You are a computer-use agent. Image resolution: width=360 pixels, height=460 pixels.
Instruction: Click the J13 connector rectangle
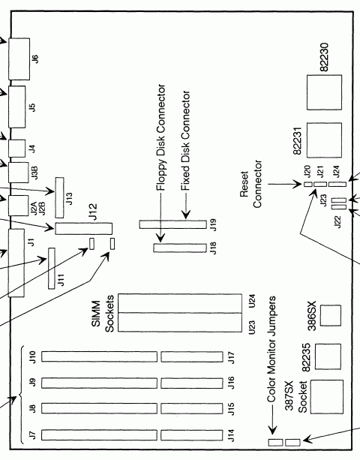59,197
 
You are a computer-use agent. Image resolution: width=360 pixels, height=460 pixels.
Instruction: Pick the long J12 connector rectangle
82,228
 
